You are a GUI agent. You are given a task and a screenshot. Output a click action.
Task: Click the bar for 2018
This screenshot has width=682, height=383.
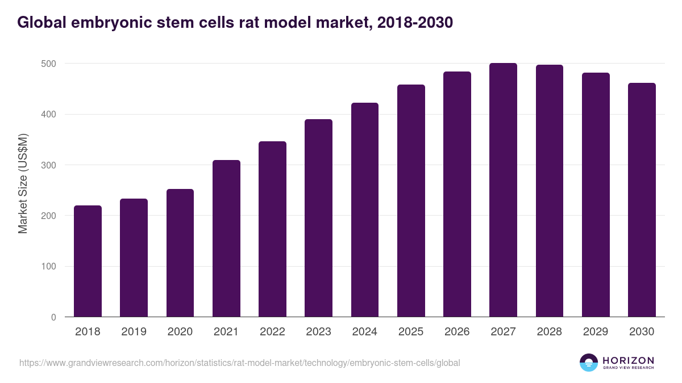pyautogui.click(x=88, y=261)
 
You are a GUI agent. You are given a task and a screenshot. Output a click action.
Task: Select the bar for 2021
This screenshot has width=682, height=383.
pyautogui.click(x=226, y=238)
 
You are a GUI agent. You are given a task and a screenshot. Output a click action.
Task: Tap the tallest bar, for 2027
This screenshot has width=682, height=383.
pyautogui.click(x=503, y=190)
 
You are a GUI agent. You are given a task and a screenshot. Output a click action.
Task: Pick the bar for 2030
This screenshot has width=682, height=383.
pyautogui.click(x=642, y=200)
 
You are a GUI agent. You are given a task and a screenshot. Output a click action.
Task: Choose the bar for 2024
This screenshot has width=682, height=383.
pyautogui.click(x=365, y=210)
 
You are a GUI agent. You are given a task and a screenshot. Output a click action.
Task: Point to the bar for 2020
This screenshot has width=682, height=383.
pyautogui.click(x=180, y=253)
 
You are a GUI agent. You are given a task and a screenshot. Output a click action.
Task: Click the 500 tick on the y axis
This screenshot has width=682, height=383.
pyautogui.click(x=49, y=64)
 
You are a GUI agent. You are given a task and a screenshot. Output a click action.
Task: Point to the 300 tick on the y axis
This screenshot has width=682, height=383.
pyautogui.click(x=49, y=165)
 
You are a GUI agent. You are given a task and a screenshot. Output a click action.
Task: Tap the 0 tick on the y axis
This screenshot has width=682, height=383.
pyautogui.click(x=53, y=317)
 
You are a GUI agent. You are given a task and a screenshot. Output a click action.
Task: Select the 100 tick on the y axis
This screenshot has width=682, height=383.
pyautogui.click(x=49, y=267)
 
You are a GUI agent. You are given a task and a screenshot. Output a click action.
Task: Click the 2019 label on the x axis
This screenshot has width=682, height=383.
pyautogui.click(x=134, y=332)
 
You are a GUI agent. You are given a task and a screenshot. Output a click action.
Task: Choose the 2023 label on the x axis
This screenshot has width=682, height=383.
pyautogui.click(x=318, y=332)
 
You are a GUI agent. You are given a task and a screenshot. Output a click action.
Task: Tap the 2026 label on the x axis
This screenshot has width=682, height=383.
pyautogui.click(x=457, y=332)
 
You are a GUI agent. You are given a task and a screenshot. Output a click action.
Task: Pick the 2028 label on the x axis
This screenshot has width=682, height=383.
pyautogui.click(x=549, y=332)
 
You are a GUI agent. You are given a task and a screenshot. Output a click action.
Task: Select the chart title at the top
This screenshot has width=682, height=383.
pyautogui.click(x=235, y=22)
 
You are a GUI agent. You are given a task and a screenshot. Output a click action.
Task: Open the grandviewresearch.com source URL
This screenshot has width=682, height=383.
pyautogui.click(x=239, y=363)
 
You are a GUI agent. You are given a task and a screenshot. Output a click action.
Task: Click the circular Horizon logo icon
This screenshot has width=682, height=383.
pyautogui.click(x=589, y=363)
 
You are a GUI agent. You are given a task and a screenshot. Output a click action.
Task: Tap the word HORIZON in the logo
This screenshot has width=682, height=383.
pyautogui.click(x=628, y=360)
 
